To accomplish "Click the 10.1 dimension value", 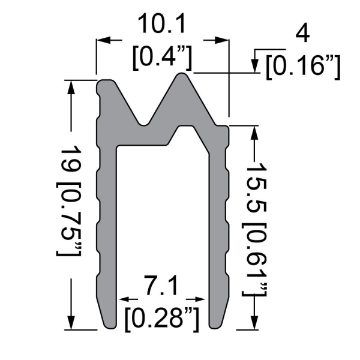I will pos(161,25).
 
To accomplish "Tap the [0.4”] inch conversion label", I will pos(161,58).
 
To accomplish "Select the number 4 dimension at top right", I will pos(303,34).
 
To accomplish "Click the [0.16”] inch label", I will pos(303,65).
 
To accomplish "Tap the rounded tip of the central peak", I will pos(184,76).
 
